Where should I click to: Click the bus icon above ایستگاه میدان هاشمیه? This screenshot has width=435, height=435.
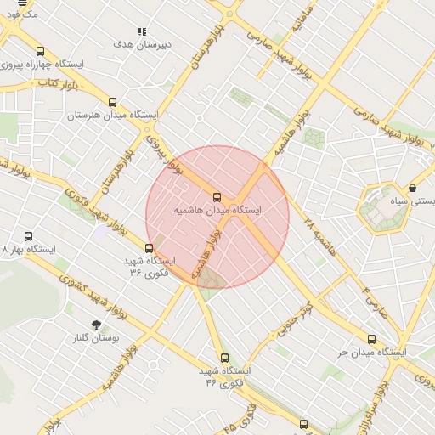[x=217, y=197]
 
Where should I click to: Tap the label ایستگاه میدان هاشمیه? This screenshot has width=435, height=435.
[x=217, y=209]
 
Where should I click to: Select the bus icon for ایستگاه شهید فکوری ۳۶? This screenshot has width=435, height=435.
[x=150, y=249]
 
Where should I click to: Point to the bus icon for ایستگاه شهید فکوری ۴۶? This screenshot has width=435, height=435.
[x=224, y=359]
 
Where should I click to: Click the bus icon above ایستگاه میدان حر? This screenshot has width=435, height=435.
[x=371, y=340]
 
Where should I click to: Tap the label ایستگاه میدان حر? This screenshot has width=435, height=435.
[x=372, y=352]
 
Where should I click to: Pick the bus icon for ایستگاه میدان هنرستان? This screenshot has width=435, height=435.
[x=112, y=103]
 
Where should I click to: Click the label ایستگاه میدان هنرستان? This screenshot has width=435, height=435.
[x=112, y=115]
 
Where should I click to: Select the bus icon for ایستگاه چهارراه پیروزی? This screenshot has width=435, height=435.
[x=41, y=52]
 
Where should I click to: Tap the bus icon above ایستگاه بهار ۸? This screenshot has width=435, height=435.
[x=29, y=237]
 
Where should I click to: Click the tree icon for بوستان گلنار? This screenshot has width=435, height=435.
[x=95, y=325]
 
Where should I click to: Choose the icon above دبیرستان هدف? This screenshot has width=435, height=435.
[x=142, y=31]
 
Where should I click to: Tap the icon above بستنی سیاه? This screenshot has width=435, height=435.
[x=413, y=189]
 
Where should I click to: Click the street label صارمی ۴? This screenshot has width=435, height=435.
[x=376, y=302]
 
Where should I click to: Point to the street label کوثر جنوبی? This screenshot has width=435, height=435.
[x=294, y=316]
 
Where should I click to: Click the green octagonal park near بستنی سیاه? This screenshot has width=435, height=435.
[x=383, y=208]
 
